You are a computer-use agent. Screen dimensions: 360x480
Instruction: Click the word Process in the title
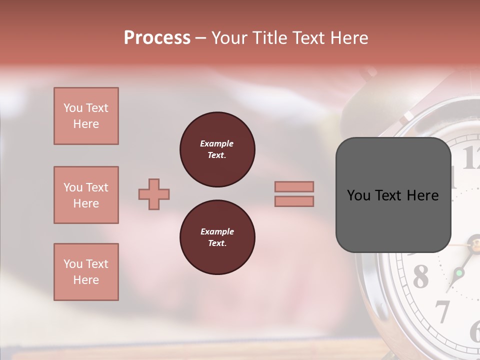(157, 38)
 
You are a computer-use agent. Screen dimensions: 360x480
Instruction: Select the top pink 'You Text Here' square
(86, 116)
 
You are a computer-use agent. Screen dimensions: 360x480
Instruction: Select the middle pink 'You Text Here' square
(86, 195)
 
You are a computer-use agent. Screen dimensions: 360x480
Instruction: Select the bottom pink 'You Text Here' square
(86, 272)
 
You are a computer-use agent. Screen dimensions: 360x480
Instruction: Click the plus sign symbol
(154, 194)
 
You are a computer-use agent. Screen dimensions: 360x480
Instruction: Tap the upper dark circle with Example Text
(217, 149)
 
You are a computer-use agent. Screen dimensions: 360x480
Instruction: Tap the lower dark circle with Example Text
(217, 237)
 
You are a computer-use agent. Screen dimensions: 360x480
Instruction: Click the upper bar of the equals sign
(294, 186)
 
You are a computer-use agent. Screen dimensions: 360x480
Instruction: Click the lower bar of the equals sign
(294, 201)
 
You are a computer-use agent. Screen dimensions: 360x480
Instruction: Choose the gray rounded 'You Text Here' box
(393, 195)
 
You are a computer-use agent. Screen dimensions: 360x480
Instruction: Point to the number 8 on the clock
(420, 276)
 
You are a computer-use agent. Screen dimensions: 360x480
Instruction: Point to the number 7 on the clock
(442, 311)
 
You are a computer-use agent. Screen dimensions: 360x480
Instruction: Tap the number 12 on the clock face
(470, 159)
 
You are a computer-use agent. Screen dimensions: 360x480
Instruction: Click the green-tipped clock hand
(458, 273)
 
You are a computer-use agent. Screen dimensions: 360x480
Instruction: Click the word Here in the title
(348, 38)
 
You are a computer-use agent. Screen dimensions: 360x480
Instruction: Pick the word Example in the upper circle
(217, 144)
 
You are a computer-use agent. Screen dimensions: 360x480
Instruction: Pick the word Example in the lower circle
(217, 232)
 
